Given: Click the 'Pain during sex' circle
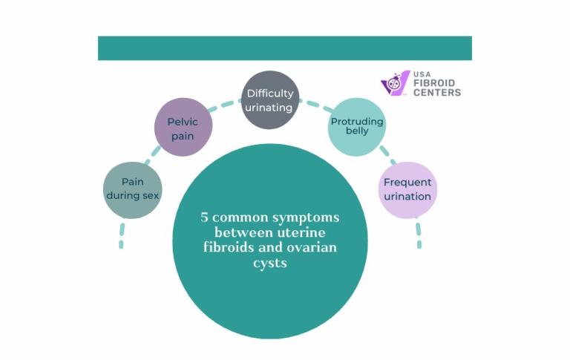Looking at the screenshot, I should point(131,189).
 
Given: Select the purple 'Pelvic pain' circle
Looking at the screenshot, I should point(183,127).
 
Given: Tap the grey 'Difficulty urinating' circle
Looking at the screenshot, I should point(270,99).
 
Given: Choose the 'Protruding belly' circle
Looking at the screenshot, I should point(357,126).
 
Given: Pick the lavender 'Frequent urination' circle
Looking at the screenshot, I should point(407,189).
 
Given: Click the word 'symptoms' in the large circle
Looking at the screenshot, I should point(304,217).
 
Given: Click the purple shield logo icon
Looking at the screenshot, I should point(395,83).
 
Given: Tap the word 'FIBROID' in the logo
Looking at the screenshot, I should point(436,83).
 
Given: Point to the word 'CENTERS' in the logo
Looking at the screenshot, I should point(436,93).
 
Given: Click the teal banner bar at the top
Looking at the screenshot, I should point(284,48).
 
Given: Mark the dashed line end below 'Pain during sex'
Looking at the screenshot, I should point(121,243).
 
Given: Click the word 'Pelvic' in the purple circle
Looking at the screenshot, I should point(183,121).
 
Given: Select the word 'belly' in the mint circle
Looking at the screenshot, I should point(357,131).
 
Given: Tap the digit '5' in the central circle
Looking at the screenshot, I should point(204,217).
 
